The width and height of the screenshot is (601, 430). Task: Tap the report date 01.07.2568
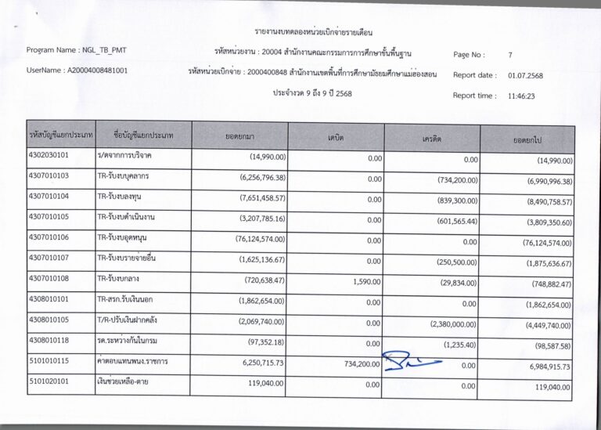(525, 75)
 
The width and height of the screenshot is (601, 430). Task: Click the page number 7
(510, 55)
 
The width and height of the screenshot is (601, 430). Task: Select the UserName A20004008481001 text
(77, 70)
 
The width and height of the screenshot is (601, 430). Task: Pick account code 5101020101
(49, 384)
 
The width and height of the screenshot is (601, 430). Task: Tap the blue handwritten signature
(411, 361)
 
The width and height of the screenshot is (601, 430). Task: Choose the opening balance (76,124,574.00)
(260, 239)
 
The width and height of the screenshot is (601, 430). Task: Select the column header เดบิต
(336, 137)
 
